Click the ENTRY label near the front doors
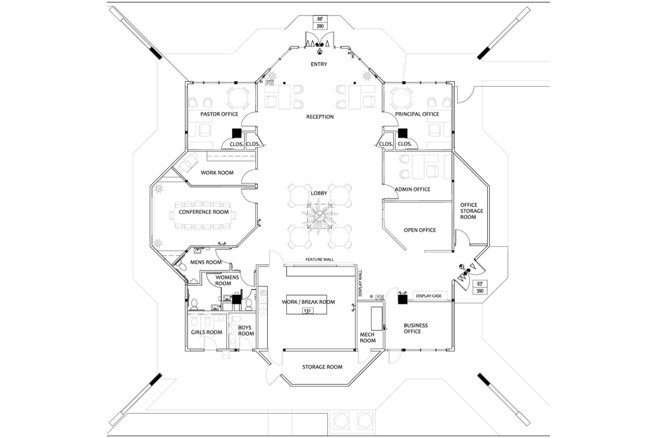tap(319, 65)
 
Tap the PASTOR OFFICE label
tap(219, 114)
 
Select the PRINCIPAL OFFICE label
tap(417, 114)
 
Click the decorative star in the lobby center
tap(319, 216)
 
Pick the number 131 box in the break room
tap(307, 311)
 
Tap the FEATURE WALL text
tap(319, 260)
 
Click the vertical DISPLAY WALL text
tap(361, 283)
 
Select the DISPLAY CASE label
tap(428, 296)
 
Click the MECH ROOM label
tap(368, 338)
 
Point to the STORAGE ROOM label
tap(322, 367)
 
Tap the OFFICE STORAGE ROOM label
tap(469, 211)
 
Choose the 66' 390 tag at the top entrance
tap(320, 23)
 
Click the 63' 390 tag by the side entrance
tap(480, 287)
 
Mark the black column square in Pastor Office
tap(236, 133)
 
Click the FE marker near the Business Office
tap(379, 297)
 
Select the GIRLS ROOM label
tap(206, 332)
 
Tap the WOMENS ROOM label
tap(227, 280)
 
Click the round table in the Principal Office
tap(402, 99)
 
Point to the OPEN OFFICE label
tap(420, 230)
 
